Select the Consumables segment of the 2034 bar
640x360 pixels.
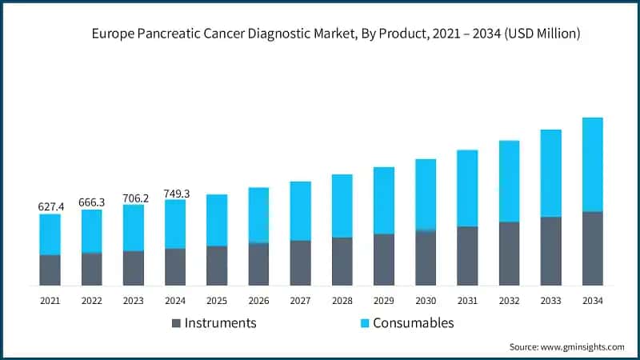point(592,164)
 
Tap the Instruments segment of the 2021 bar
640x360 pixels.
point(50,270)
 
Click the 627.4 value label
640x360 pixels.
point(50,206)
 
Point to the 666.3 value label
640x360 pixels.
point(92,202)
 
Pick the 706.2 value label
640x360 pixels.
point(134,197)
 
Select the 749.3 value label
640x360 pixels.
point(175,192)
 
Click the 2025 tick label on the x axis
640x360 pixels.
point(217,300)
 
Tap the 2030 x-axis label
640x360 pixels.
point(426,300)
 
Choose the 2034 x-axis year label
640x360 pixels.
point(592,300)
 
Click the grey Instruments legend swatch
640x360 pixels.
point(175,323)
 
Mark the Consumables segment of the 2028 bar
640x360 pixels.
point(342,206)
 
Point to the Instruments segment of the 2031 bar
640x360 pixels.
point(467,255)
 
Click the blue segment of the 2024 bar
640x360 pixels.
point(175,224)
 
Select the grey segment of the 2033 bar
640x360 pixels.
point(550,250)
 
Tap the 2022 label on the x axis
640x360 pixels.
point(92,300)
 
